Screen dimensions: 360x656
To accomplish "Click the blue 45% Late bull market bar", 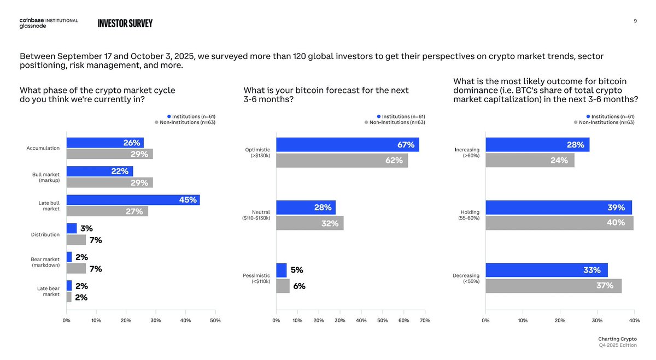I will pyautogui.click(x=133, y=200).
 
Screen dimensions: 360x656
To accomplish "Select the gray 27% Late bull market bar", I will pyautogui.click(x=107, y=211).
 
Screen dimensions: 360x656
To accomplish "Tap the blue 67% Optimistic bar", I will pyautogui.click(x=347, y=145).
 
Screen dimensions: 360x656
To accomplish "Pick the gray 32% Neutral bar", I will pyautogui.click(x=309, y=223).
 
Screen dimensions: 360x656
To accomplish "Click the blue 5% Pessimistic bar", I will pyautogui.click(x=281, y=270).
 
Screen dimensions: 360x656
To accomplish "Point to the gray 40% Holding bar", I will pyautogui.click(x=559, y=223).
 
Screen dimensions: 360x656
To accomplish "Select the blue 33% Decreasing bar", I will pyautogui.click(x=546, y=270).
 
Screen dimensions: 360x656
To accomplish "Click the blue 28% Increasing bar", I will pyautogui.click(x=537, y=145).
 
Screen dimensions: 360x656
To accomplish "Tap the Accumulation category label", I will pyautogui.click(x=43, y=148).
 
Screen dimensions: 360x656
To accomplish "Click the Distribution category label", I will pyautogui.click(x=45, y=234).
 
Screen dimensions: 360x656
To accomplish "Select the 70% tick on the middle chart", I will pyautogui.click(x=425, y=320).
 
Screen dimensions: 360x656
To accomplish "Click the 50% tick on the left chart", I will pyautogui.click(x=215, y=320).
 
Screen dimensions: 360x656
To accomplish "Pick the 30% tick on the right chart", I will pyautogui.click(x=597, y=320).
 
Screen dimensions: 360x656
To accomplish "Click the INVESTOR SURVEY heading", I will pyautogui.click(x=125, y=23).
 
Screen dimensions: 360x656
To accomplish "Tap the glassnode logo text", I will pyautogui.click(x=33, y=26).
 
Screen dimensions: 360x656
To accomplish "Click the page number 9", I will pyautogui.click(x=635, y=21).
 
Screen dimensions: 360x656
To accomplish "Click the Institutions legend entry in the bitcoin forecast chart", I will pyautogui.click(x=401, y=116).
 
